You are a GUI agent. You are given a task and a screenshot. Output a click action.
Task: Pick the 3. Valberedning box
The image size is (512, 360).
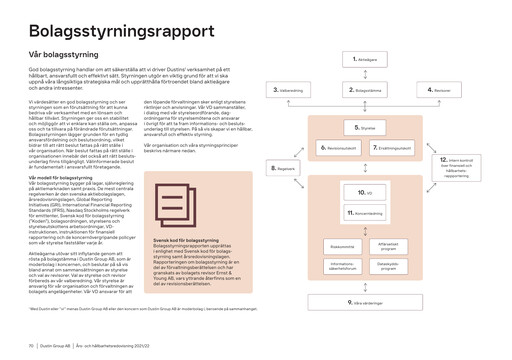click(293, 90)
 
